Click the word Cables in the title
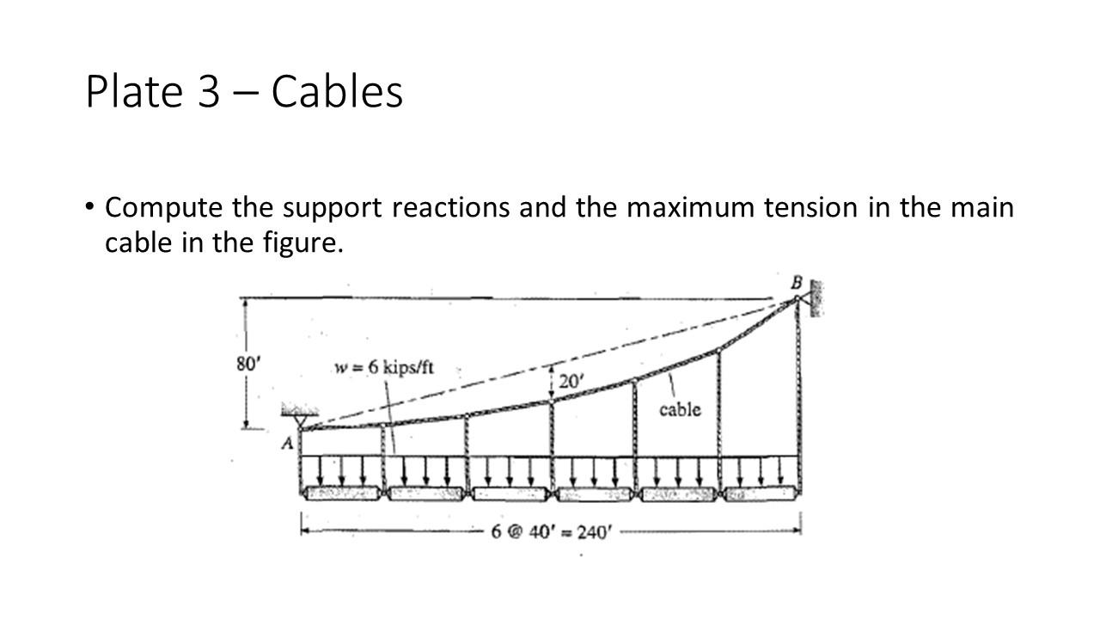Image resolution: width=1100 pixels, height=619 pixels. pos(337,91)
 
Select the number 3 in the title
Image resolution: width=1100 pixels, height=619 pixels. pos(210,92)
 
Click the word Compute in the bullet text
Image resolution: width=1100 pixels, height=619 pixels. pos(163,208)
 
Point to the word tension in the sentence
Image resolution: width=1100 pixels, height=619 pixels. pos(813,208)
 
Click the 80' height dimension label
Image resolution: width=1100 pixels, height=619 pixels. pos(247,364)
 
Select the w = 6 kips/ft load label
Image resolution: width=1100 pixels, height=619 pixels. pos(383,367)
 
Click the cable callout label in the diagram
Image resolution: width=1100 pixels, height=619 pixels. pos(680,409)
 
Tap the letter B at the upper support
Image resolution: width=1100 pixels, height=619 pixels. pos(795,282)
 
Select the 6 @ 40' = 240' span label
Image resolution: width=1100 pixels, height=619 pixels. pos(552,530)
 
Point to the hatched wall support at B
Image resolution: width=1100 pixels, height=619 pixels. pos(815,298)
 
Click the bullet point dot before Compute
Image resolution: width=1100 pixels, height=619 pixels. pos(90,207)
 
